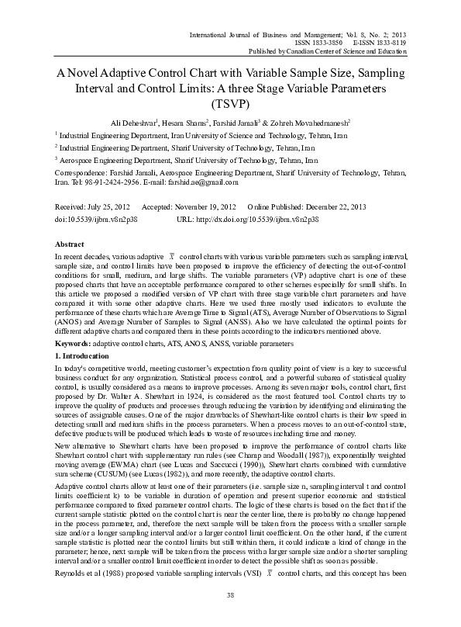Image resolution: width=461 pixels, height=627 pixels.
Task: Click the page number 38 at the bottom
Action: (230, 594)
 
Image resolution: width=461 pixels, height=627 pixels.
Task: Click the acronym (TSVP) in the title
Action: (231, 102)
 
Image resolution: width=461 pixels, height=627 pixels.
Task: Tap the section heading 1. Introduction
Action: (81, 354)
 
